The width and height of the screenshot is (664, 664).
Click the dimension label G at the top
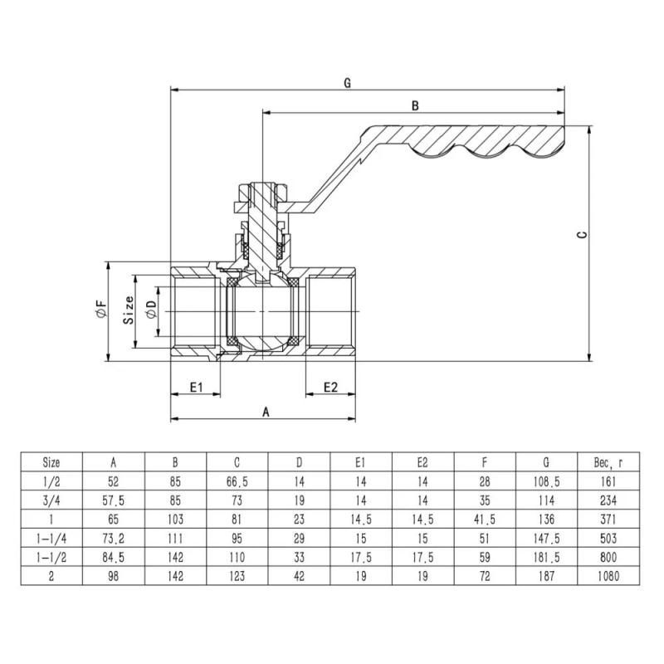[x=347, y=82]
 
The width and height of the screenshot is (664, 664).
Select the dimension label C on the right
[x=583, y=236]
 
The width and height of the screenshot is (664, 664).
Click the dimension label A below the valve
[x=266, y=411]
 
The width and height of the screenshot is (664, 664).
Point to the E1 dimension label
[x=197, y=387]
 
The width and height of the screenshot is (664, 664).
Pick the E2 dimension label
[x=330, y=387]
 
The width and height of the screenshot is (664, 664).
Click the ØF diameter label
[x=101, y=311]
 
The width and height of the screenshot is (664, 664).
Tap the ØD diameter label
[x=150, y=311]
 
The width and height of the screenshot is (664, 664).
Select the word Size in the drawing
[x=129, y=310]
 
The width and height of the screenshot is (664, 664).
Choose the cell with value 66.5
[x=237, y=481]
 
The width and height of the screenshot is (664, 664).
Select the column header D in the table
[x=299, y=461]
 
